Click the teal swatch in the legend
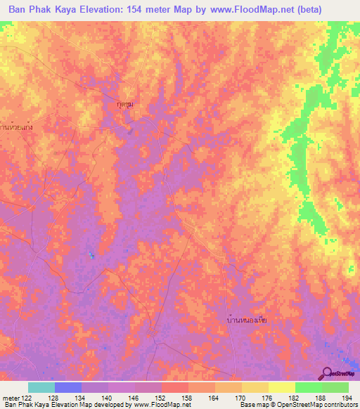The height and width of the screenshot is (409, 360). coord(41,387)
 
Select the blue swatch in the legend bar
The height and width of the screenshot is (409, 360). coord(67,387)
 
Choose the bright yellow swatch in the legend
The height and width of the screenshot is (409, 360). coord(281,387)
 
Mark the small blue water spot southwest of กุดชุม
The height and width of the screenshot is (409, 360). coord(91,254)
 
